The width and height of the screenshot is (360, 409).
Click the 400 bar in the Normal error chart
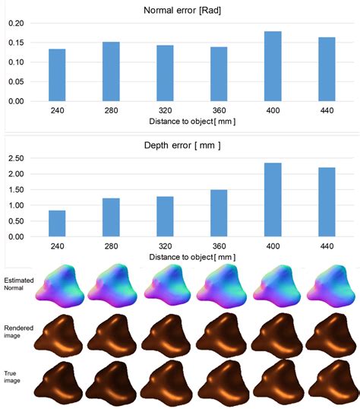click(x=273, y=66)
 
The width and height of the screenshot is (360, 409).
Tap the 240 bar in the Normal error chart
click(x=57, y=75)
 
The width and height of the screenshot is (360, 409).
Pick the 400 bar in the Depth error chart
click(x=273, y=200)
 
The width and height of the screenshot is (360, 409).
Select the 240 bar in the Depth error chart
click(x=57, y=224)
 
